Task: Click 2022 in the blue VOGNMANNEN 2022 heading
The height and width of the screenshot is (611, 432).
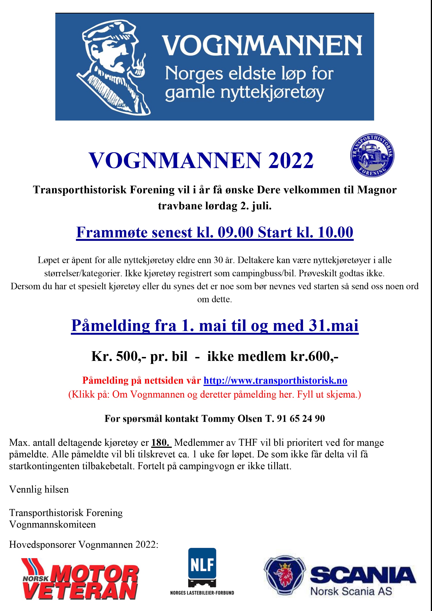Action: click(x=291, y=161)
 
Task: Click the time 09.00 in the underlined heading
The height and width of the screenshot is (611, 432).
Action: click(x=235, y=232)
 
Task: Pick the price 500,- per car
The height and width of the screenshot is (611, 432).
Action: click(x=131, y=356)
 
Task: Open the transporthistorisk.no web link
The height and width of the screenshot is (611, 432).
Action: click(x=275, y=380)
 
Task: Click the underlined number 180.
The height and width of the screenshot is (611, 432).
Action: click(x=160, y=442)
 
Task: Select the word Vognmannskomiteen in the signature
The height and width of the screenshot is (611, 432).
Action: click(x=52, y=525)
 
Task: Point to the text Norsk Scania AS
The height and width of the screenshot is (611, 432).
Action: click(x=351, y=592)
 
